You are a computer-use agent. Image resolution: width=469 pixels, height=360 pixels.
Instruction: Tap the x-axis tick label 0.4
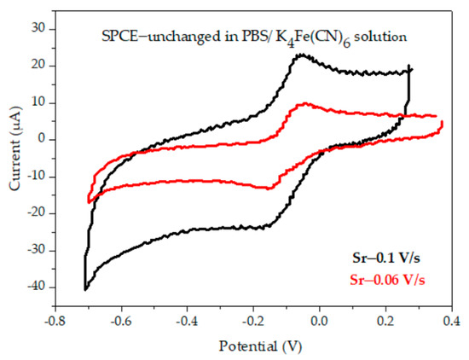[x=452, y=321]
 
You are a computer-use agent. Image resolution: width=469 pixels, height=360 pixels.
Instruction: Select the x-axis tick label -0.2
[x=253, y=321]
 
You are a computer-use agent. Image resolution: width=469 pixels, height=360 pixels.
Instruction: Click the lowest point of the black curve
[x=85, y=289]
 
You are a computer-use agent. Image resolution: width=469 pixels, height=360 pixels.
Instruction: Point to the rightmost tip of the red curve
[x=442, y=125]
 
